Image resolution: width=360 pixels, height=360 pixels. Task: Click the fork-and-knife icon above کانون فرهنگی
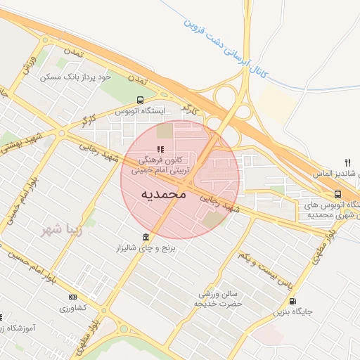160,149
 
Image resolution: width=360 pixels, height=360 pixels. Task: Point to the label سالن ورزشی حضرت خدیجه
219,297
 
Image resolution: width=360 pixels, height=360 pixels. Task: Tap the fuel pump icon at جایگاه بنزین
292,300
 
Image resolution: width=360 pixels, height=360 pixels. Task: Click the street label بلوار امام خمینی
21,200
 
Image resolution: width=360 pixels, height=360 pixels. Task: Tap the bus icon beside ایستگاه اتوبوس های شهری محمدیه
338,195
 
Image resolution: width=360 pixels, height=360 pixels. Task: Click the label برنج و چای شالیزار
145,249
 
